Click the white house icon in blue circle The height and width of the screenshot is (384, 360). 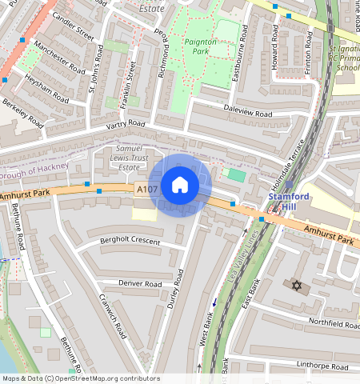180,186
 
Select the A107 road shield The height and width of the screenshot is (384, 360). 145,190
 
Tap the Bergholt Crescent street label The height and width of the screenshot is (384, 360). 130,242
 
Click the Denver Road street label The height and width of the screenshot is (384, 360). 140,284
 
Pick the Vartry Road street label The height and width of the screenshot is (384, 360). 124,126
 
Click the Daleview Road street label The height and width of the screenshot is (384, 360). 247,114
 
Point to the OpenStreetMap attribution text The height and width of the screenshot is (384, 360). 80,378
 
